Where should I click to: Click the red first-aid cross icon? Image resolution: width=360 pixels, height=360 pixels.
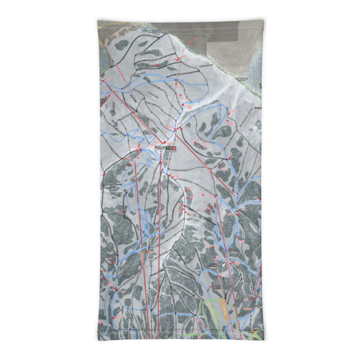coord(174,148)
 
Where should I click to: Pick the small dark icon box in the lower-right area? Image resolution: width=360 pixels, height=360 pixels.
coord(215,265)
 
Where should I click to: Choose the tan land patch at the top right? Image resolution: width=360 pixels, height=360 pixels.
coord(229,45)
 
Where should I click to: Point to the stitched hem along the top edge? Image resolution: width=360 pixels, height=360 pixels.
coord(180,21)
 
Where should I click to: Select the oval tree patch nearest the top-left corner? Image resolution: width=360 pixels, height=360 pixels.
coord(122,44)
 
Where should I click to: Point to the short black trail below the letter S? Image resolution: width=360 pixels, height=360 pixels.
coord(256,108)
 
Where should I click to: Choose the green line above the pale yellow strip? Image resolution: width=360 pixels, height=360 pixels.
coord(211,299)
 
